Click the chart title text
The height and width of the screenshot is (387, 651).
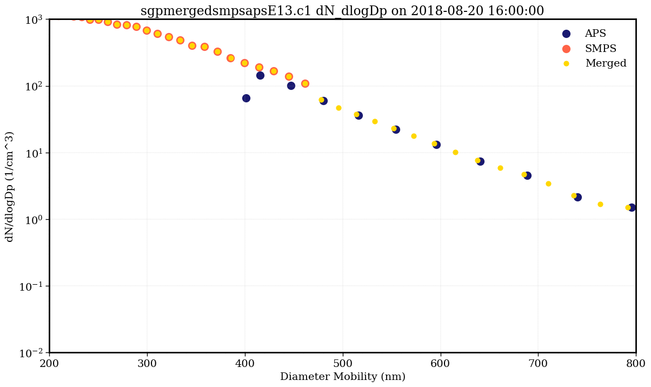point(342,11)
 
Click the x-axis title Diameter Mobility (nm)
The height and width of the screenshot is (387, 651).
point(342,377)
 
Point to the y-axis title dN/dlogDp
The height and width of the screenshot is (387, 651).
point(10,186)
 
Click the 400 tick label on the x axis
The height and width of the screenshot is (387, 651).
point(245,364)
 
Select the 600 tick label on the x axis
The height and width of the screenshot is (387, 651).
point(440,364)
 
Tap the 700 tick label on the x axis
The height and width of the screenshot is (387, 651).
point(538,364)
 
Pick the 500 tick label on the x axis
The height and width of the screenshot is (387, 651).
point(343,364)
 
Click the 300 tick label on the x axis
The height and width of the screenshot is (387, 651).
point(147,364)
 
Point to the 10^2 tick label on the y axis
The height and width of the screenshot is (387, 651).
point(32,87)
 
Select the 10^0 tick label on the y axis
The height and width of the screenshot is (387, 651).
point(32,220)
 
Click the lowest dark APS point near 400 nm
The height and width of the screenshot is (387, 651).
point(246,98)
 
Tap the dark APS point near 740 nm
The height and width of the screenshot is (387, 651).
point(577,197)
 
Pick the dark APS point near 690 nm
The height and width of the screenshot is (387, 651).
point(527,175)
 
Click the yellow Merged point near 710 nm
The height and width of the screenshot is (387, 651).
point(548,183)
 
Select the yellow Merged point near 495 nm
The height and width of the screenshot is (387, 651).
point(338,108)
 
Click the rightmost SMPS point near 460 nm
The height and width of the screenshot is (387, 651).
point(305,83)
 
